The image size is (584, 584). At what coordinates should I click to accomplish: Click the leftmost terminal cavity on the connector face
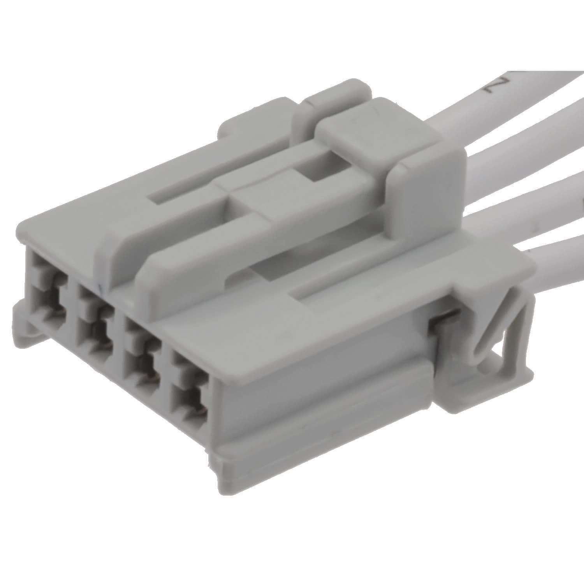tap(46, 296)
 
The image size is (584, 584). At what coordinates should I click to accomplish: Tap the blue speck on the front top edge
tap(100, 287)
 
